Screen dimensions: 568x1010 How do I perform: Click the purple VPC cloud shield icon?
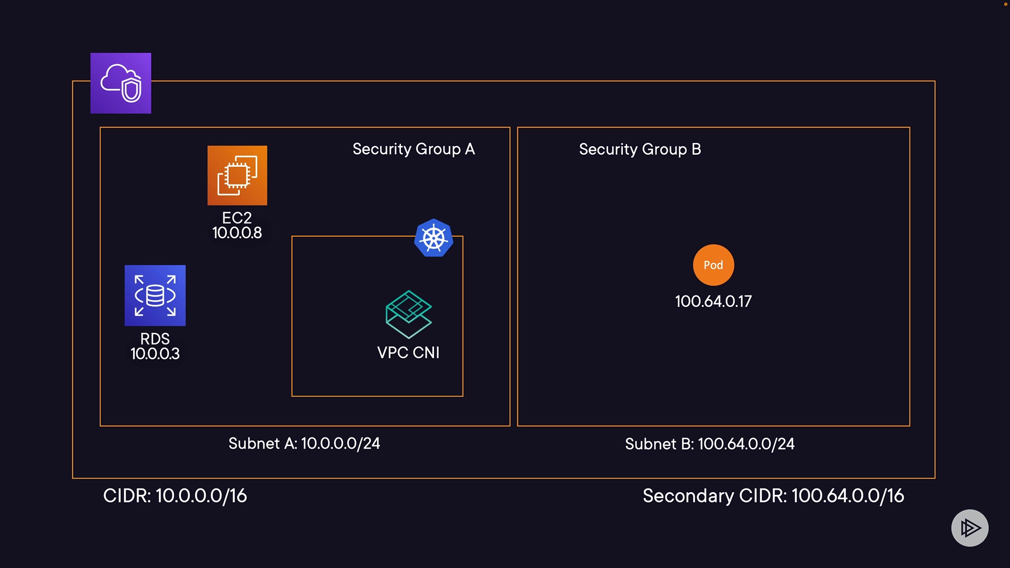click(120, 83)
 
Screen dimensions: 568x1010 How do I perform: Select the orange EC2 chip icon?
click(237, 175)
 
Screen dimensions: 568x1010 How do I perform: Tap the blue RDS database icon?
click(155, 295)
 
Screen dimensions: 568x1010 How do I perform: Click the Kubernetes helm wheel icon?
click(433, 238)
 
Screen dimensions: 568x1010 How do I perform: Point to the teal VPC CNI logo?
click(408, 314)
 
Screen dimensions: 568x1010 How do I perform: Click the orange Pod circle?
click(713, 265)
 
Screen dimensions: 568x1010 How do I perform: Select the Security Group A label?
click(413, 149)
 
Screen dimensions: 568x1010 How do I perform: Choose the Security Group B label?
click(640, 149)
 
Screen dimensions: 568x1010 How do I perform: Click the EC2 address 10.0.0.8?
click(237, 233)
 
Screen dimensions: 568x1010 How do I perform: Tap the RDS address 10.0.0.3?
click(155, 354)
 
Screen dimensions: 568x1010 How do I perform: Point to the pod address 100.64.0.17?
click(713, 301)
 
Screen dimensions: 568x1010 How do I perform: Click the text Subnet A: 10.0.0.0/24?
click(304, 444)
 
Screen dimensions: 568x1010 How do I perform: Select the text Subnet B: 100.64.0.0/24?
click(710, 444)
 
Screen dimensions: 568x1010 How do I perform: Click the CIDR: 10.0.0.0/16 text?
click(175, 496)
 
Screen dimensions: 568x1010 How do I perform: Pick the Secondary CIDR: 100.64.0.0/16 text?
click(773, 496)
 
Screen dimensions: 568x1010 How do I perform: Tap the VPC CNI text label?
click(408, 353)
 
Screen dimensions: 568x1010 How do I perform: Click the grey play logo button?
click(969, 528)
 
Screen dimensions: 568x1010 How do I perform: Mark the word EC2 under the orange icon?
click(237, 218)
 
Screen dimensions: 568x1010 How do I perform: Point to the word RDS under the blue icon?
click(155, 339)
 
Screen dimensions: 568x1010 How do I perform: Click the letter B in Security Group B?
click(696, 149)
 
